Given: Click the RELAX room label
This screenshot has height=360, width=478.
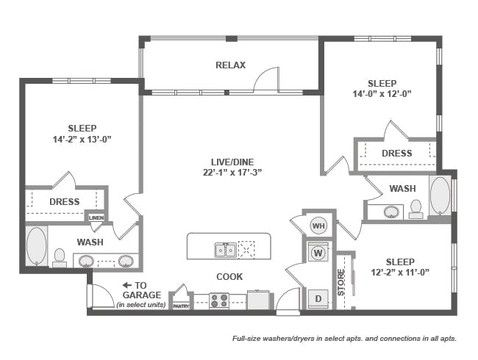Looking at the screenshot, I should (x=230, y=65).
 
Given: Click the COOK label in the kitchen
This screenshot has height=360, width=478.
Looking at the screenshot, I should (x=229, y=277).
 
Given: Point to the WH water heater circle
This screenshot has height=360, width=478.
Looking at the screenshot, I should (x=318, y=225).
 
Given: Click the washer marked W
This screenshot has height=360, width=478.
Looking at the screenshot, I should (x=318, y=252).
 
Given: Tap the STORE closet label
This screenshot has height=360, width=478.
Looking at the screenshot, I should (x=341, y=282).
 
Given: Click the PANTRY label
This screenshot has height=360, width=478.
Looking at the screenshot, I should (x=181, y=306).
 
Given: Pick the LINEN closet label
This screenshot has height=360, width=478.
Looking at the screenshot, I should (x=96, y=217).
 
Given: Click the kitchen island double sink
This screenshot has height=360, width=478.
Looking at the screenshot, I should (x=225, y=251).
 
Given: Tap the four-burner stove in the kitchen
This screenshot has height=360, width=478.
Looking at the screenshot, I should (x=219, y=300).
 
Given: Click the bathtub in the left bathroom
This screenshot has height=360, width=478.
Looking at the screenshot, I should (x=36, y=246).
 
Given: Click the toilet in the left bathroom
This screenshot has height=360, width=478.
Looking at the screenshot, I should (x=60, y=256).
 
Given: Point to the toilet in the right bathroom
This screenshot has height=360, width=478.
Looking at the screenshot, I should (x=416, y=209).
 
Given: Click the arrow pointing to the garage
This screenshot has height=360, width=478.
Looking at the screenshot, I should (x=127, y=285).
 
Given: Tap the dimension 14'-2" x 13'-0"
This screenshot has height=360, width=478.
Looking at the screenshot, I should (x=82, y=139).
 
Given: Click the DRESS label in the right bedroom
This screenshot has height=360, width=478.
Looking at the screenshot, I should (x=396, y=154).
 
